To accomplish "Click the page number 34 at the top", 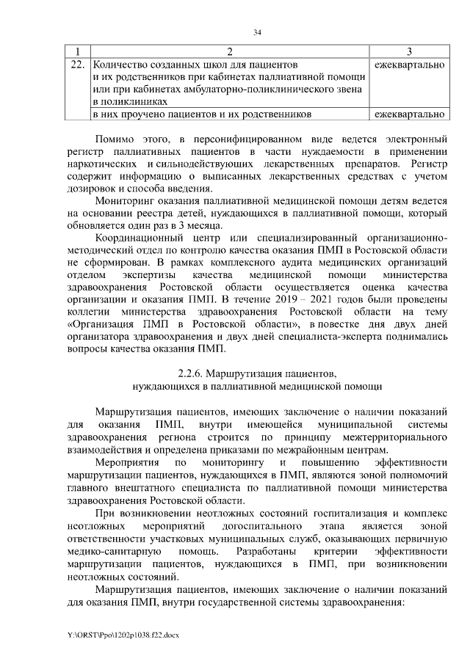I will click(257, 32).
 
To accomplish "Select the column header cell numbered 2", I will click(229, 51).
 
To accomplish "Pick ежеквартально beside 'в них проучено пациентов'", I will click(409, 114).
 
